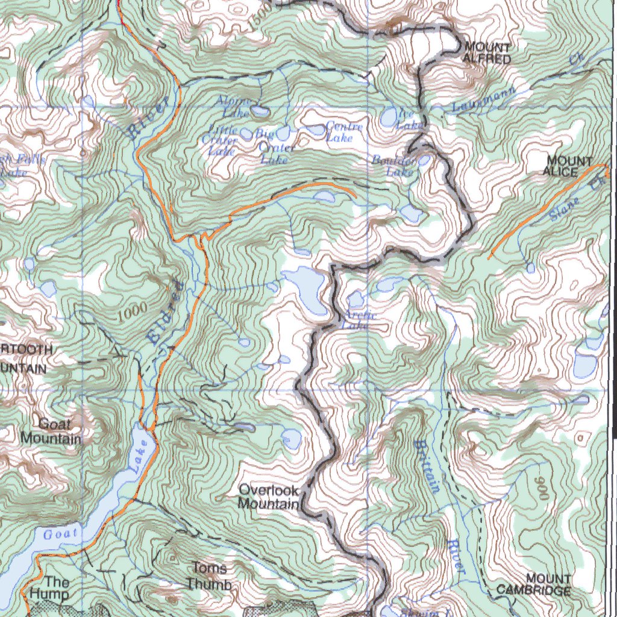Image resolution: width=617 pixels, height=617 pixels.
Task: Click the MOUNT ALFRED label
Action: (x=487, y=53)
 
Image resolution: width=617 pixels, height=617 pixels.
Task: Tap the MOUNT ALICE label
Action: (x=569, y=166)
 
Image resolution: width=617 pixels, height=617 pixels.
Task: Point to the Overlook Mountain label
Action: (x=269, y=496)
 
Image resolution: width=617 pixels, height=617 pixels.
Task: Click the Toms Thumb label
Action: (x=209, y=576)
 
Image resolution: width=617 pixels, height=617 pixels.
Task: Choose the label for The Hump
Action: (x=51, y=587)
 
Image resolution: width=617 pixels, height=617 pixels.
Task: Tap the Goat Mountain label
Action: (x=51, y=431)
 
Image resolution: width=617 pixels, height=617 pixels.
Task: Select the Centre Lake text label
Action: (x=344, y=131)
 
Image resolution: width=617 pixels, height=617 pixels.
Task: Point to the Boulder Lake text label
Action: (x=394, y=166)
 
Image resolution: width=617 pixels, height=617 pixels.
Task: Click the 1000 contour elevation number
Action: (x=133, y=312)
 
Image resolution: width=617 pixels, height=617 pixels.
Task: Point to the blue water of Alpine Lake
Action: (x=260, y=112)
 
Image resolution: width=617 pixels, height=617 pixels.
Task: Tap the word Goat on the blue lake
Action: (x=61, y=533)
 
